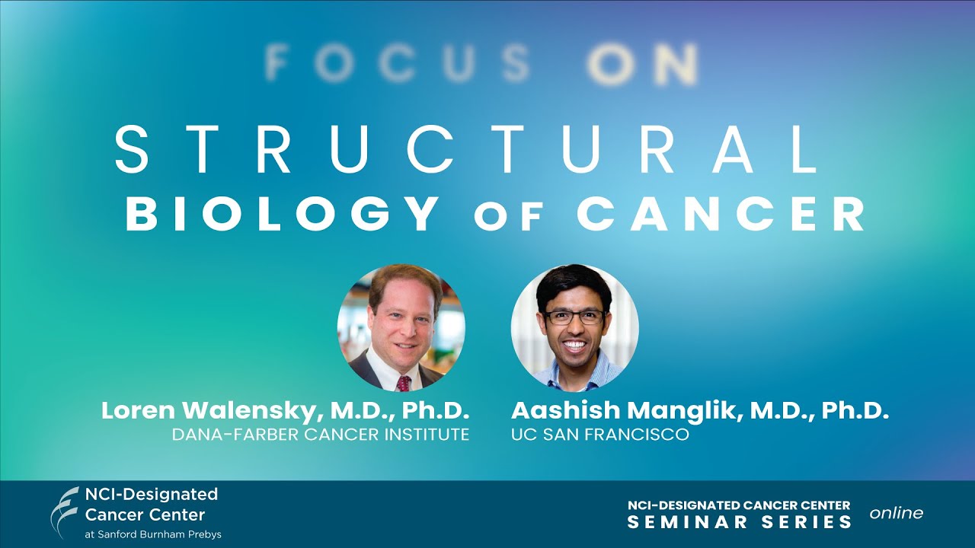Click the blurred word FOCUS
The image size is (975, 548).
[398, 63]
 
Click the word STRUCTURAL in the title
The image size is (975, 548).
[466, 149]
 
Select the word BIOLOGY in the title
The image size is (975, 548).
[283, 213]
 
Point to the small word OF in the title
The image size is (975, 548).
[508, 217]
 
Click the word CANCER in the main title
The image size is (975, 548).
[721, 213]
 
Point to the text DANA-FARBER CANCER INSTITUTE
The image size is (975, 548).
[320, 435]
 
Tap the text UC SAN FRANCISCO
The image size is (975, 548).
[600, 435]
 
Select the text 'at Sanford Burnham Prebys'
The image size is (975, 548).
[153, 534]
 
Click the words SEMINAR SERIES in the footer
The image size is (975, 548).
[740, 522]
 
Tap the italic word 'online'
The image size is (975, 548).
[897, 513]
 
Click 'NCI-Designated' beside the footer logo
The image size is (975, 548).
[152, 494]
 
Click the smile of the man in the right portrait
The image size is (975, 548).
[575, 345]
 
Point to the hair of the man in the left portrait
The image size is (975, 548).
[404, 282]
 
